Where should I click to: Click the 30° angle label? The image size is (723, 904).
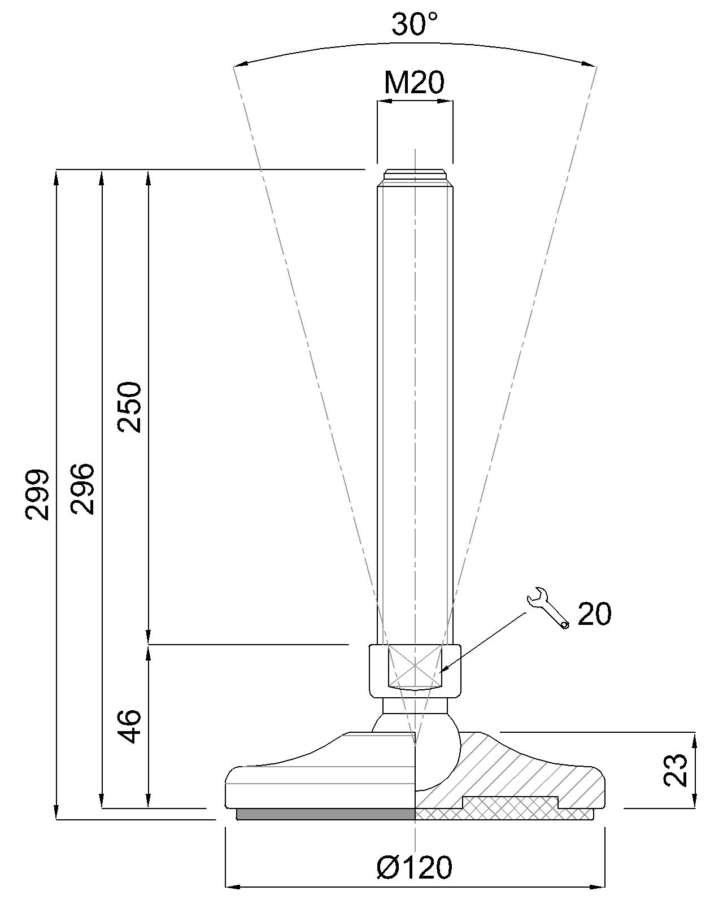coord(415,25)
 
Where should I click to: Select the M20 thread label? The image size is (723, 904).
coord(414,83)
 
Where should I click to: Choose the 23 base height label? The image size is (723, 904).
coord(676,770)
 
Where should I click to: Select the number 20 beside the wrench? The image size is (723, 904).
coord(595,614)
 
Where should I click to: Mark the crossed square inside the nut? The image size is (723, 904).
coord(415,667)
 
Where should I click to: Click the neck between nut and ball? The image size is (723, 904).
coord(415,706)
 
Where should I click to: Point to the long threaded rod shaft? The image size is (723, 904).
coord(415,395)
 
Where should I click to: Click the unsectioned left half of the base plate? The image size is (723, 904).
coord(316,780)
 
